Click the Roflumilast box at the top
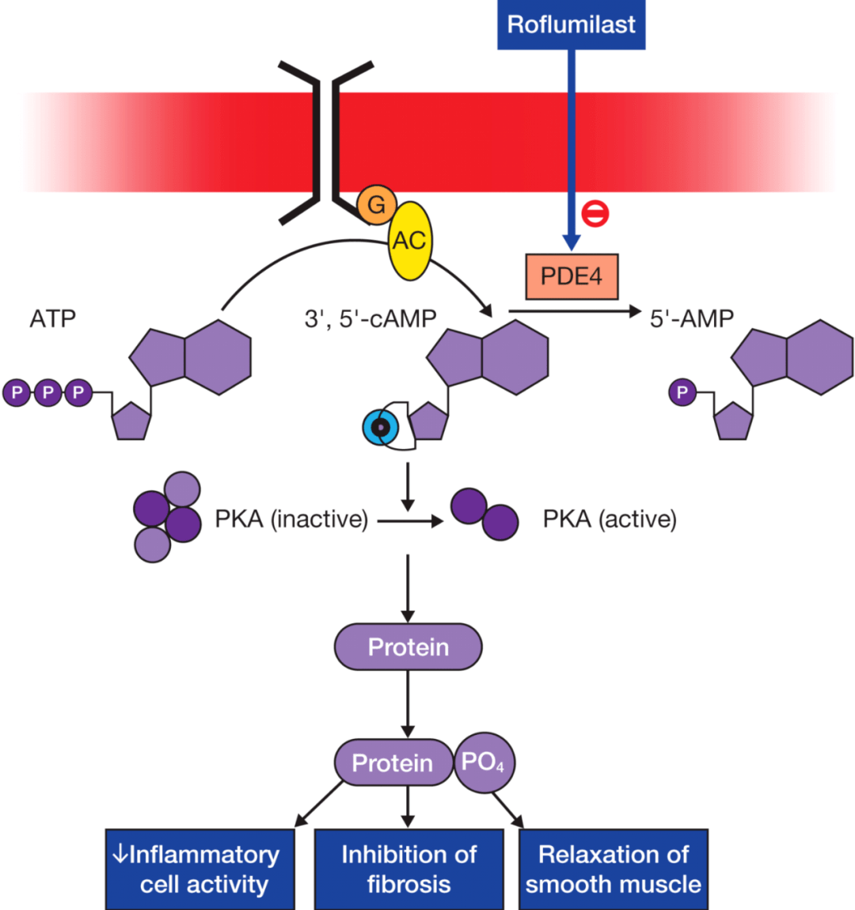[x=571, y=25]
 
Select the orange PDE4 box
[x=571, y=276]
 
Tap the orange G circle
[x=376, y=204]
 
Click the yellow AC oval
[x=409, y=240]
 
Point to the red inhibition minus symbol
[x=595, y=212]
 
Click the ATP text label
[x=53, y=318]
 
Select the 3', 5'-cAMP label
[x=370, y=318]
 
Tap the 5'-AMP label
[x=691, y=318]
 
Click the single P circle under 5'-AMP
[x=682, y=392]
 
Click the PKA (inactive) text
[x=291, y=520]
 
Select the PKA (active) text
[x=610, y=520]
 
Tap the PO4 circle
[x=484, y=763]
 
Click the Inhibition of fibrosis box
[x=408, y=869]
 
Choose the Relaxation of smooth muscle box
[x=614, y=869]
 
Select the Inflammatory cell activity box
[x=200, y=869]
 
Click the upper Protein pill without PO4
[x=408, y=647]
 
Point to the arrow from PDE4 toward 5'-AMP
[x=574, y=311]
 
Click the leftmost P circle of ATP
[x=17, y=392]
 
